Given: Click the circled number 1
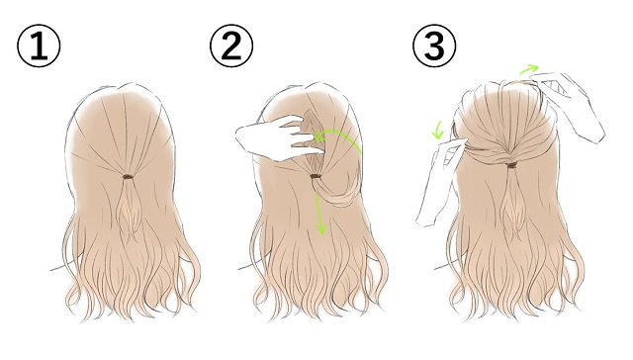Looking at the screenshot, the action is pos(39,45).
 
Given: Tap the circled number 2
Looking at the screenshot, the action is pos(231,45).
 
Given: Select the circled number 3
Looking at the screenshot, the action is pos(434,45).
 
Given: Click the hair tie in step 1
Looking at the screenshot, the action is pos(128,177).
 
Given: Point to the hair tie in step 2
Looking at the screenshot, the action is pos(316,176).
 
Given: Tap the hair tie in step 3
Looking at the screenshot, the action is pos(511,165).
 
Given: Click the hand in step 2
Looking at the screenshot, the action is pos(279,138).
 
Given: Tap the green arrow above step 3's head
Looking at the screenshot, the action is pos(529,69).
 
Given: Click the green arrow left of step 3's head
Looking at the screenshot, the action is pos(437,130).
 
